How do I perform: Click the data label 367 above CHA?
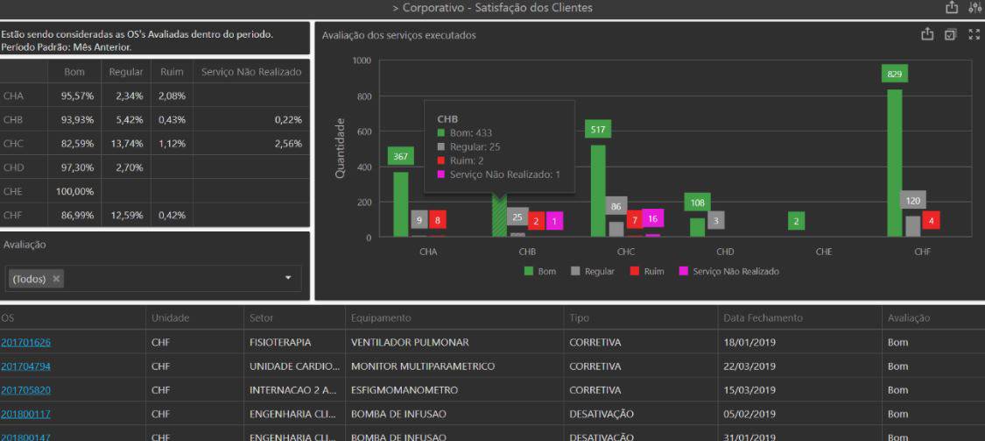400,156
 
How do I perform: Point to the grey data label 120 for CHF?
913,200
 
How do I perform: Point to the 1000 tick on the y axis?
362,60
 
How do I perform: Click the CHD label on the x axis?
725,252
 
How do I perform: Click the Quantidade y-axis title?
340,149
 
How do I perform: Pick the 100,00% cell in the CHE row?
74,191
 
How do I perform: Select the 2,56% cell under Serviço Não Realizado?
287,144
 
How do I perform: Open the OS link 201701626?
25,342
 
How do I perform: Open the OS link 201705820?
25,390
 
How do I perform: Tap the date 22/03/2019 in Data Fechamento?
749,366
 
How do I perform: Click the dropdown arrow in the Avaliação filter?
289,279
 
